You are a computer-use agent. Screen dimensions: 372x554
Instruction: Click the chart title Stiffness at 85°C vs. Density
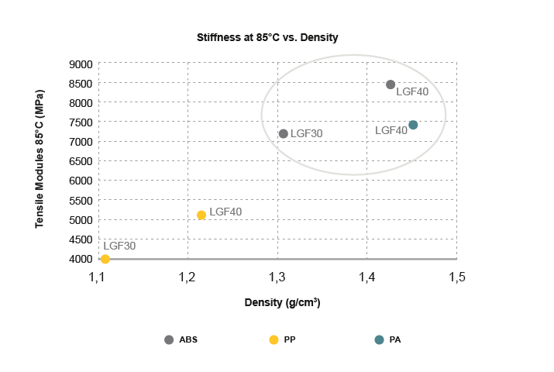[267, 37]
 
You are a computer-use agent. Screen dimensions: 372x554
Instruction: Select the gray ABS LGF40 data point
[391, 84]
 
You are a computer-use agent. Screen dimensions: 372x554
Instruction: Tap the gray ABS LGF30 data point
[284, 133]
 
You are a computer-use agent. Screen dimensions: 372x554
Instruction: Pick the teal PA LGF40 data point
[413, 125]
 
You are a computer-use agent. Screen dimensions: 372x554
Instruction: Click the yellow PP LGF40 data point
[201, 215]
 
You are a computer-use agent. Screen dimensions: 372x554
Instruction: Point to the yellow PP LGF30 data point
[105, 259]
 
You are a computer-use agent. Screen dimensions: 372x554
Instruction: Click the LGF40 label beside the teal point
[391, 131]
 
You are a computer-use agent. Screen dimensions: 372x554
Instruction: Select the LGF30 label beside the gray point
[306, 133]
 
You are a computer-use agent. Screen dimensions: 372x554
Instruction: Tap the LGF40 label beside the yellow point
[225, 212]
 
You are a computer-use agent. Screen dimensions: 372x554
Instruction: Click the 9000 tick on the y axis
[81, 64]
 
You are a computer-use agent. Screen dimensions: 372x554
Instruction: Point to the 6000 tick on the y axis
[81, 181]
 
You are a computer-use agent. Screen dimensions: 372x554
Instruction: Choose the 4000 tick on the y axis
[81, 259]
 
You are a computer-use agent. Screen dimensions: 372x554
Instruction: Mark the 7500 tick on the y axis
[81, 122]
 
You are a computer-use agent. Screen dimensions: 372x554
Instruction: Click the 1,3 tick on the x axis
[277, 277]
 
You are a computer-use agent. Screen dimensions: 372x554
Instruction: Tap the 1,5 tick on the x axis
[456, 277]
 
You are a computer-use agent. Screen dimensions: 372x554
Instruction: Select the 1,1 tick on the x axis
[98, 277]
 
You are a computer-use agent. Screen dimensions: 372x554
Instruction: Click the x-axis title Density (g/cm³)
[282, 303]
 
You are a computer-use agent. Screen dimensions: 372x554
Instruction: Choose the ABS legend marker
[169, 339]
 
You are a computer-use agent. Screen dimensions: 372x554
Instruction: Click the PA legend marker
[379, 339]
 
